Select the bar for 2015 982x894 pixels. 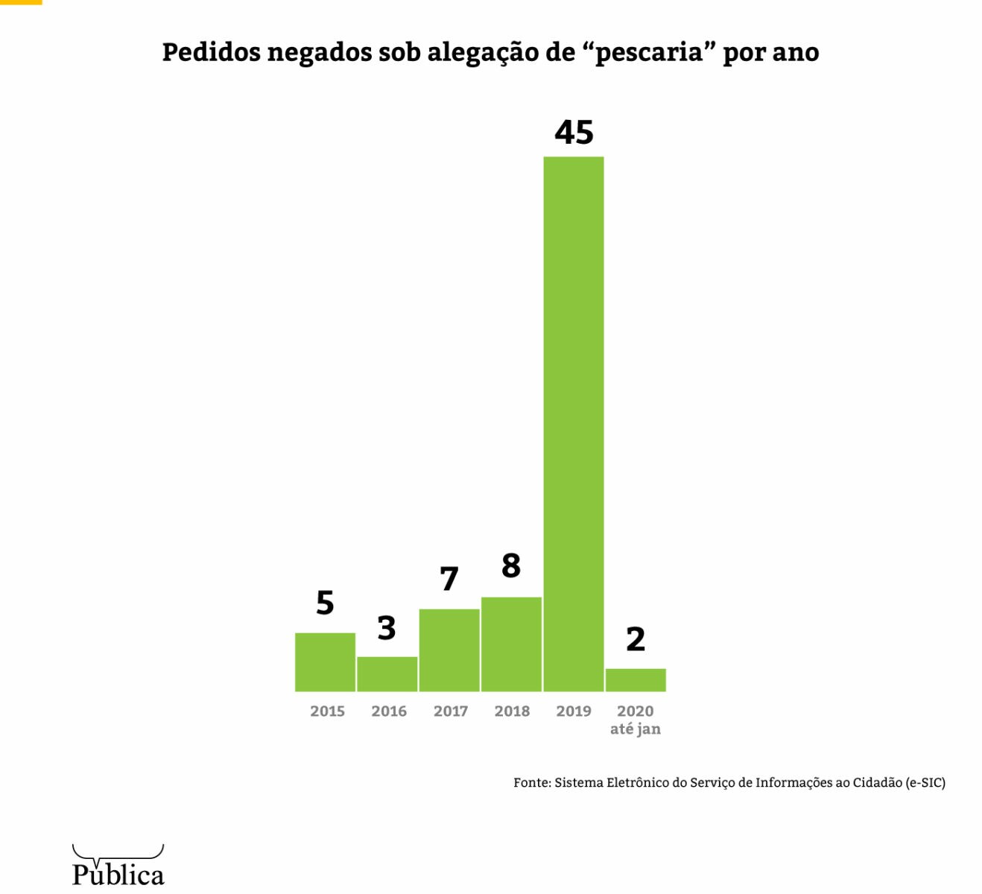pos(325,662)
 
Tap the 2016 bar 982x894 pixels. pos(387,673)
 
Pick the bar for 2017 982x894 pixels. pos(449,650)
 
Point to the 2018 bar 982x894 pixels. pos(511,644)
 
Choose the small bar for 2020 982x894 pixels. pos(636,679)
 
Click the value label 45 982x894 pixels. pos(574,133)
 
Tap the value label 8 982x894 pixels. pos(511,566)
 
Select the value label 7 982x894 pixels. pos(449,579)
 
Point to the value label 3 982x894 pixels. pos(387,628)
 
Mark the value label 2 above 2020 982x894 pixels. pos(636,639)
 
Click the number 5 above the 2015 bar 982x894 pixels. pos(325,603)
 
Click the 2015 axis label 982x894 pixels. pos(327,711)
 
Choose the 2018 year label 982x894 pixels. pos(512,711)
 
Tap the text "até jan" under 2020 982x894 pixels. pos(636,729)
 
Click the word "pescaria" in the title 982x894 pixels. pos(649,53)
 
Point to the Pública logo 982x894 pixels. pos(118,866)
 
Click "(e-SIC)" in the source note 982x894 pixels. pos(925,782)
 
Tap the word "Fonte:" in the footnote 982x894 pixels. pos(532,782)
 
